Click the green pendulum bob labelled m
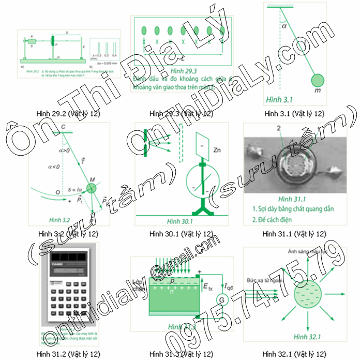318,81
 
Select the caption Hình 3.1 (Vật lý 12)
293,113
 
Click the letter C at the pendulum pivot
63,127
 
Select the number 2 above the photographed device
279,127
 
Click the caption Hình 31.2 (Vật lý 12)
68,354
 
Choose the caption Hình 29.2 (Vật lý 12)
68,113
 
